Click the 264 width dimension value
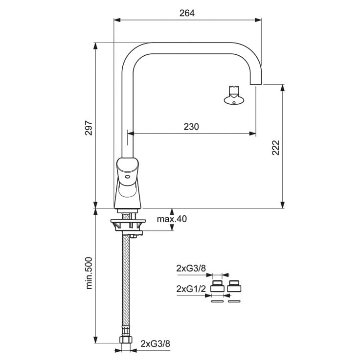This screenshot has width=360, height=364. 187,13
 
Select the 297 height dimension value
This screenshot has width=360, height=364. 89,128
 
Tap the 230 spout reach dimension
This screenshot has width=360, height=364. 191,127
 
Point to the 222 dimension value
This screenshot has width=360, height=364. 275,147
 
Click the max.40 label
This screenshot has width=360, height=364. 172,219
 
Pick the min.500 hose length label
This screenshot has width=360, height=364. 89,273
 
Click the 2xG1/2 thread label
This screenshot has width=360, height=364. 191,289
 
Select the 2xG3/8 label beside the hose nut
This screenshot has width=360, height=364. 155,343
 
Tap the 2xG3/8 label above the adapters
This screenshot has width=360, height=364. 191,269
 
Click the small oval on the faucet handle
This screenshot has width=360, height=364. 128,177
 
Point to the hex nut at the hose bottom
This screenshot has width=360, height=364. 125,340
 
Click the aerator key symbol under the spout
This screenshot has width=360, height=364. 234,95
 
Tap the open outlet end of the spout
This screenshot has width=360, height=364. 256,84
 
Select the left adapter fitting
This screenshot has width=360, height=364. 218,286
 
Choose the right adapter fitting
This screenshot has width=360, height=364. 234,286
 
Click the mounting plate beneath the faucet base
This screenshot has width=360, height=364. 128,221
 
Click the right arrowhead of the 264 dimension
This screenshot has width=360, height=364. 258,20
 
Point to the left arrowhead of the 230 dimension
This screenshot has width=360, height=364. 131,134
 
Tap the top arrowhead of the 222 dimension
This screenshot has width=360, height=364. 282,88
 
